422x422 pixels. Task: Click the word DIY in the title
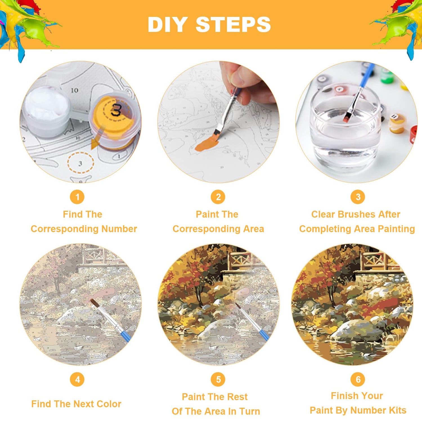tap(168, 24)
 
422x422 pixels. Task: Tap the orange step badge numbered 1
tap(77, 197)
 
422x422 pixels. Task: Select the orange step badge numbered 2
tap(218, 197)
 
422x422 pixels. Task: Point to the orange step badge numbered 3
tap(358, 197)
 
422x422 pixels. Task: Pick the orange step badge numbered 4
tap(77, 379)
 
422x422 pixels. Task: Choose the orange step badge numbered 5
tap(218, 379)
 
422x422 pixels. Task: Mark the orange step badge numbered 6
tap(358, 379)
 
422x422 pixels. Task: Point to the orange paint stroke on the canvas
tap(207, 144)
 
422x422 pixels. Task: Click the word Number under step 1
tap(119, 229)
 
